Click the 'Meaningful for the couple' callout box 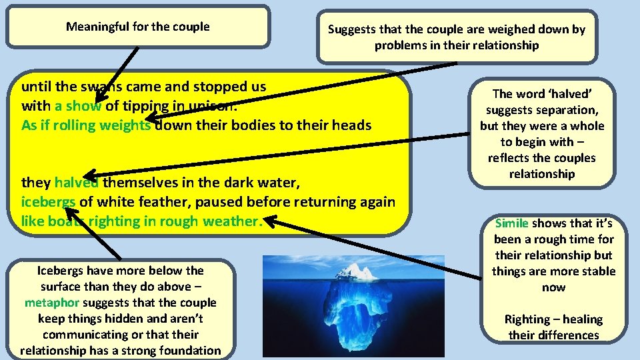point(138,27)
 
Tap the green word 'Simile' point(511,223)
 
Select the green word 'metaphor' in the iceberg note point(52,303)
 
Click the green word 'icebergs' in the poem point(49,202)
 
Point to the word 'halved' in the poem point(77,183)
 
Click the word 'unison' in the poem point(213,106)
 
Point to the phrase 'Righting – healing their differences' point(553,327)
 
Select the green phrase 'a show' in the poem point(78,106)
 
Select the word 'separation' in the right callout point(570,110)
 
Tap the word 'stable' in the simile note point(597,271)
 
